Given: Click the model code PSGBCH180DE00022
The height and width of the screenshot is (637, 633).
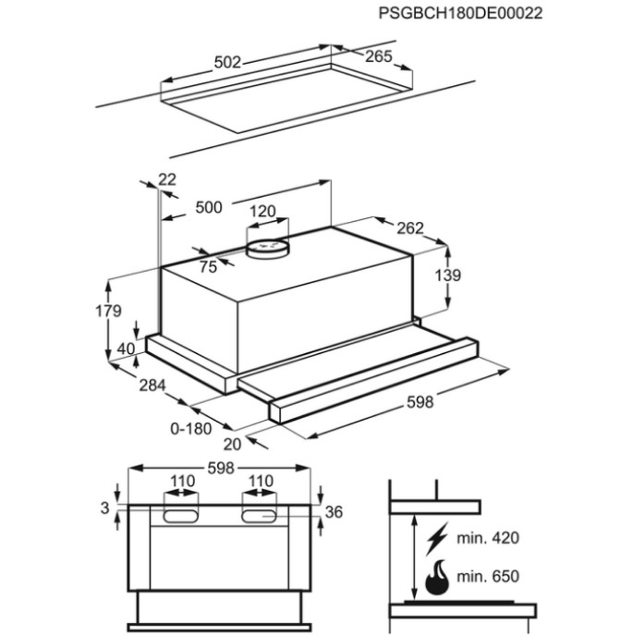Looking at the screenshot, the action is coord(460,13).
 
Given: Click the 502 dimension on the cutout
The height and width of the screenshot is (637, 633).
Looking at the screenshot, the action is coord(227,62).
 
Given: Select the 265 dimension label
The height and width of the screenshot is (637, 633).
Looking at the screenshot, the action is coord(379,56).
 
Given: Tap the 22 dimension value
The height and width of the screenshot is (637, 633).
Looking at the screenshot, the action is coord(167,179).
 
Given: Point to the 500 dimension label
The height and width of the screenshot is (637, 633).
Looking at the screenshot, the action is coord(209,207).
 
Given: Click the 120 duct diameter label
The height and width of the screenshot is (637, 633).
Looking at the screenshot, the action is coord(262,211).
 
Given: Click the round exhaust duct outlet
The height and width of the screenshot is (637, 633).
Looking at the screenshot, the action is coord(267,249).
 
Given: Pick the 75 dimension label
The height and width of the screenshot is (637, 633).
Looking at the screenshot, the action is coord(208,267).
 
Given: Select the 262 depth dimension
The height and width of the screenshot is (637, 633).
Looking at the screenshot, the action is coord(410,228).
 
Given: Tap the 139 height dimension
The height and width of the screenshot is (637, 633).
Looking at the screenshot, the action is coord(448,276).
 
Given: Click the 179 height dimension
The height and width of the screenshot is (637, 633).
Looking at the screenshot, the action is coord(108,311).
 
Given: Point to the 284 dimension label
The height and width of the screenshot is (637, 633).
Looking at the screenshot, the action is coord(152,386).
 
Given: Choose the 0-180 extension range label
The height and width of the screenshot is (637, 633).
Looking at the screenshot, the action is coord(191,428).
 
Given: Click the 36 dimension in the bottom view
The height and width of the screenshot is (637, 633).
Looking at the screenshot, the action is coord(334,512).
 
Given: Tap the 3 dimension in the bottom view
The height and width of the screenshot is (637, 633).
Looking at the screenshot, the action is coord(104,508).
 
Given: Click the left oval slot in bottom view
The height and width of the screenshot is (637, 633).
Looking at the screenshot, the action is coord(181,516).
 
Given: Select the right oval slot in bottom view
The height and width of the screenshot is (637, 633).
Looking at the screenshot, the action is coord(259,516).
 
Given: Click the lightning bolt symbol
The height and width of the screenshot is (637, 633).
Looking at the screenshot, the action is coord(437,539).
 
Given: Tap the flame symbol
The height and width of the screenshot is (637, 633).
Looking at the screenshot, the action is coord(437,577).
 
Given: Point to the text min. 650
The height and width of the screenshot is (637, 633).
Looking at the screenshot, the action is coord(488,576).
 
